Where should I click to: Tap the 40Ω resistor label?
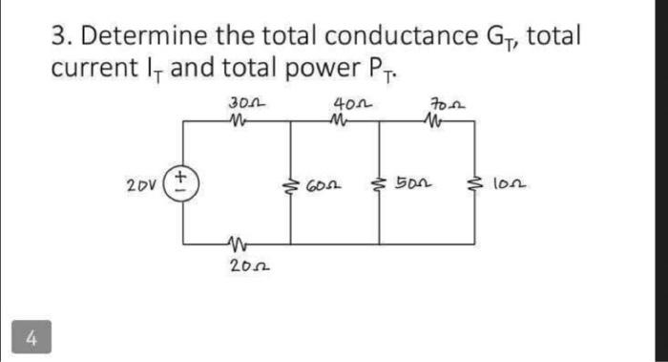pos(344,101)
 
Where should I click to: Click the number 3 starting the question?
pos(58,36)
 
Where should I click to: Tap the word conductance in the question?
pos(396,37)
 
